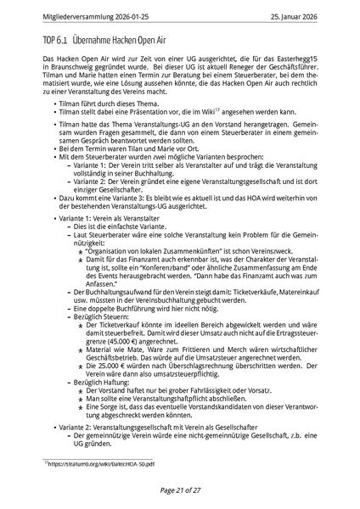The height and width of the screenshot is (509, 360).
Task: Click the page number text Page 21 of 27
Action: point(180,489)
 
